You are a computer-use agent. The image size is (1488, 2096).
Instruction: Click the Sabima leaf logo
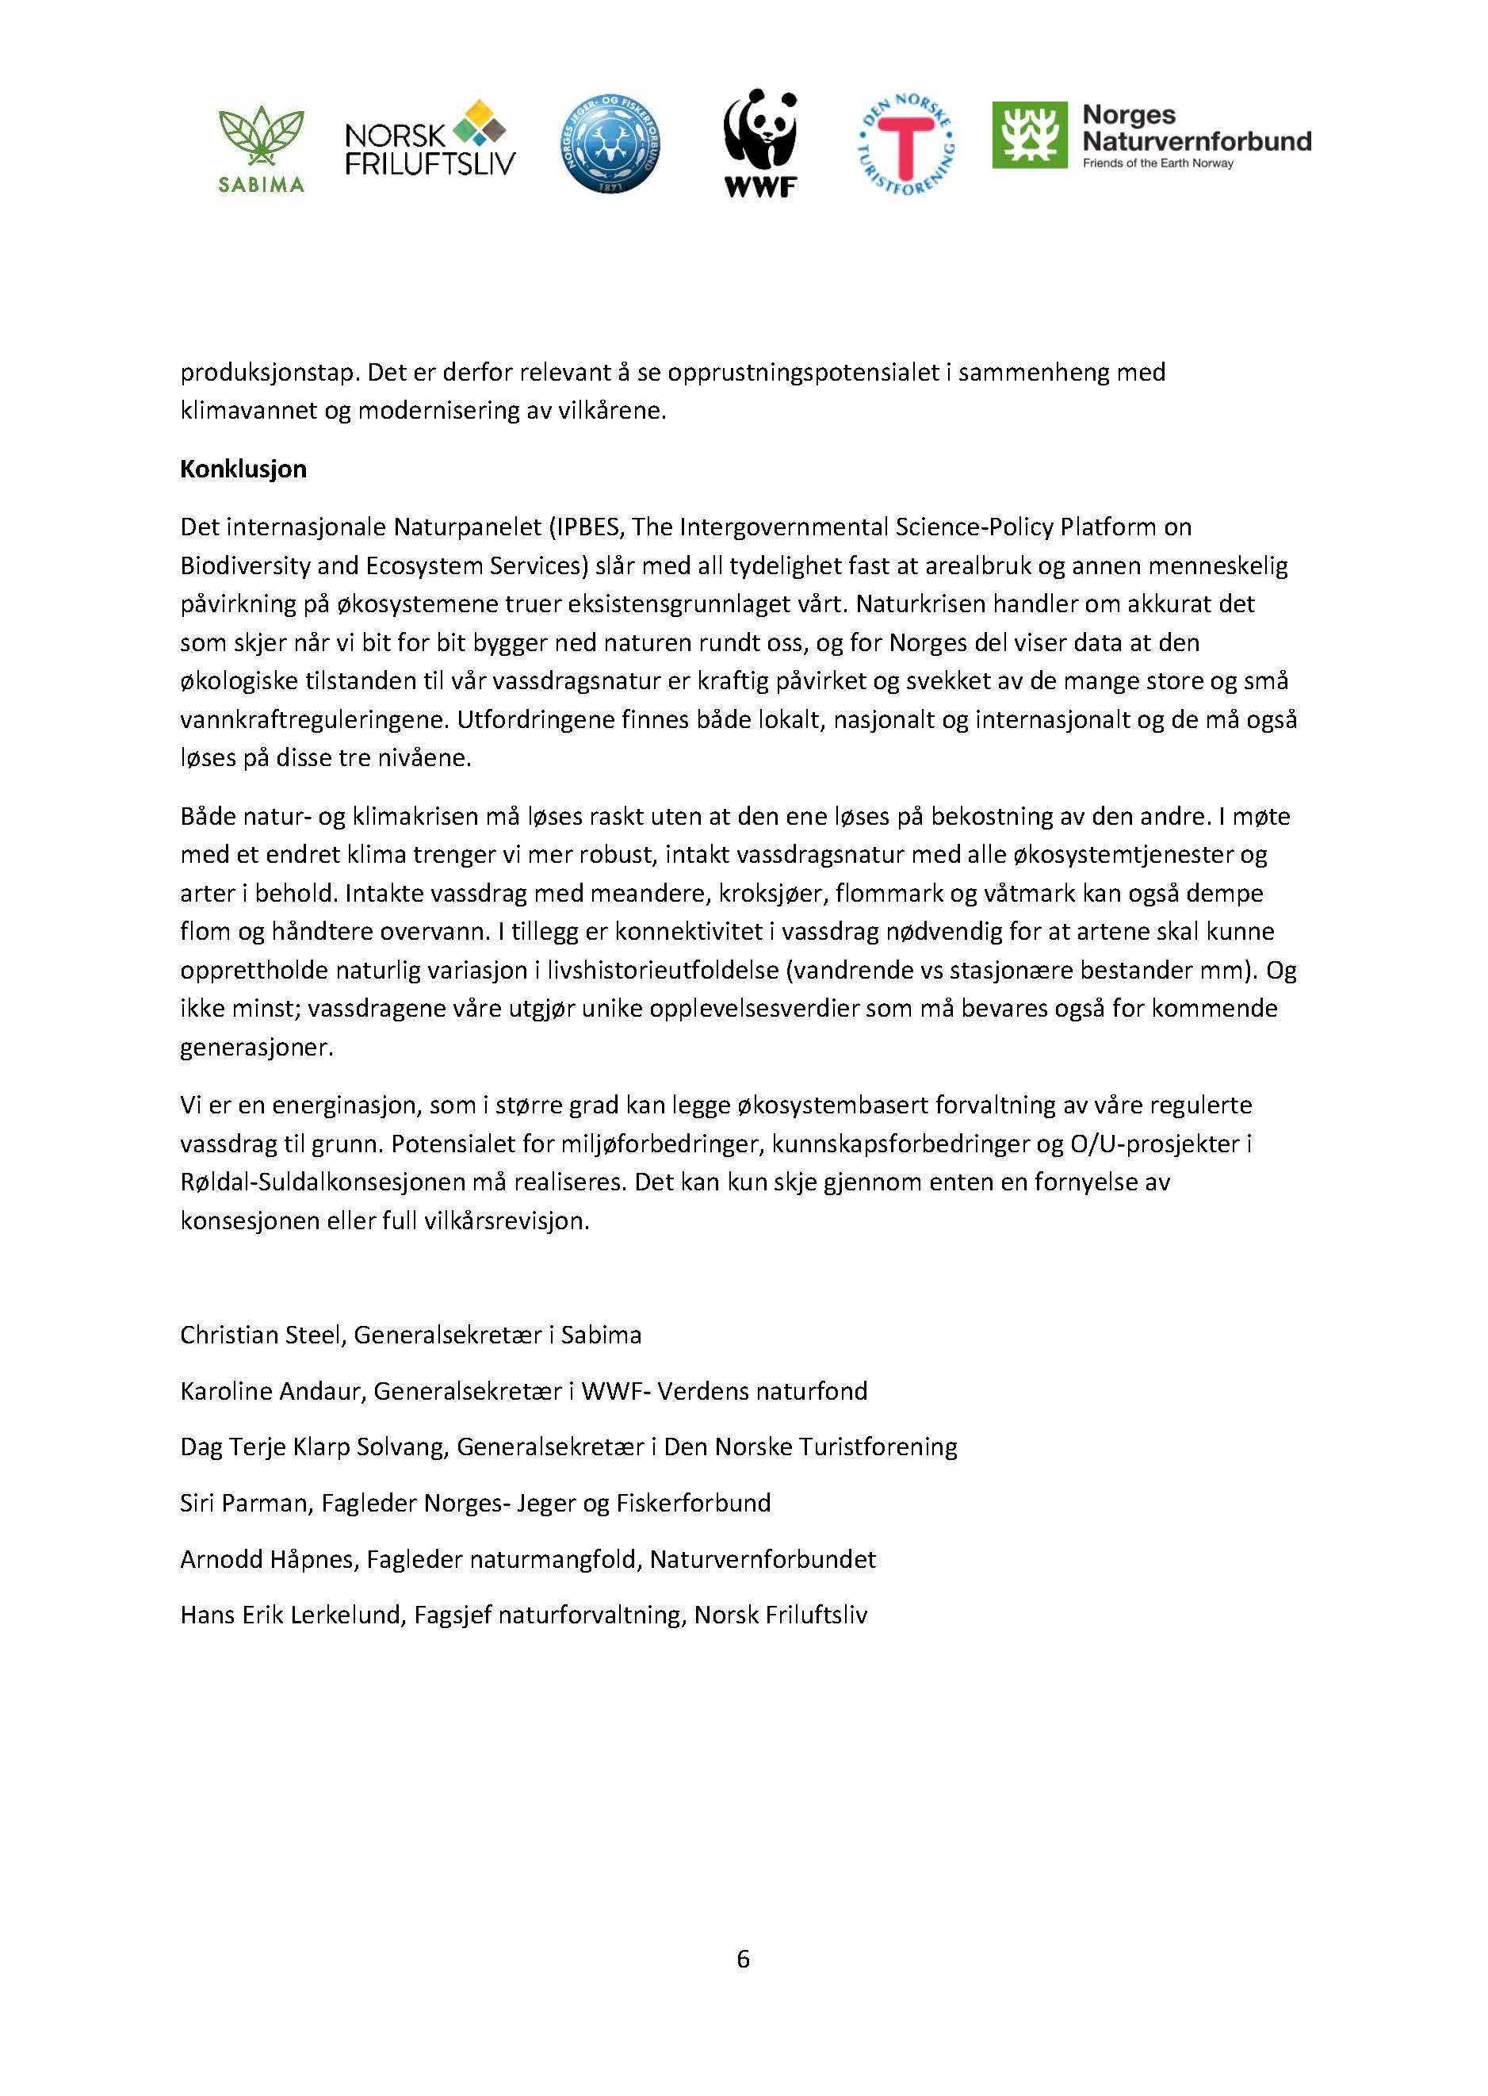point(261,147)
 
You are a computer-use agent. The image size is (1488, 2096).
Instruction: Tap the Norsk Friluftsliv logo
point(429,140)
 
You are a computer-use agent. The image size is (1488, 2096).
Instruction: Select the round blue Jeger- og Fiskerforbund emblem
point(610,144)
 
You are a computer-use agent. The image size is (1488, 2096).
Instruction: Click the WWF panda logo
point(760,142)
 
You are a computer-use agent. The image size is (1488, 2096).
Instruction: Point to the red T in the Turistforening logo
point(905,147)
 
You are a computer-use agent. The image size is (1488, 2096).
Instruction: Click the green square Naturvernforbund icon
point(1030,135)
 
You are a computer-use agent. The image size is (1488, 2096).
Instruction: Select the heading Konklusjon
point(243,469)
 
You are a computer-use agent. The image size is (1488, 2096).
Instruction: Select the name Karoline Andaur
point(273,1391)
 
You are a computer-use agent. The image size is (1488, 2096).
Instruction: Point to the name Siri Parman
point(243,1503)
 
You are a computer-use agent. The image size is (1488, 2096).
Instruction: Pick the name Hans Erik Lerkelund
point(293,1615)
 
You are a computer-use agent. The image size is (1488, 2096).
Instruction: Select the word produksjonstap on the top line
point(258,373)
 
